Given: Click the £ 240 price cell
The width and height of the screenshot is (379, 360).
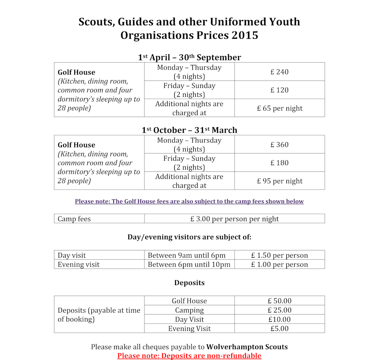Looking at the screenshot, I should (x=279, y=72).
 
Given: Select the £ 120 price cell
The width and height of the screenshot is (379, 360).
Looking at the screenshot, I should (x=279, y=90).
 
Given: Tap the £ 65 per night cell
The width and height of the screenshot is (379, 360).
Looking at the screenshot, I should (x=279, y=108).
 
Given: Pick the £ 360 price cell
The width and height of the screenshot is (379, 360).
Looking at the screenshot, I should (x=279, y=145).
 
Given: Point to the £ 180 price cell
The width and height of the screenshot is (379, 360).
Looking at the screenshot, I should (x=279, y=163).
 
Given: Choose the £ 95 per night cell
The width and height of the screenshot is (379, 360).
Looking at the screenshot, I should (x=279, y=181).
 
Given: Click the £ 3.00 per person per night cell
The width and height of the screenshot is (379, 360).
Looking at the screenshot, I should (x=234, y=219).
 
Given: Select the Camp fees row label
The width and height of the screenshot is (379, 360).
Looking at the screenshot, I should (x=74, y=219).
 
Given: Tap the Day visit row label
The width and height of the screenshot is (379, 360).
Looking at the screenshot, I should (x=72, y=256).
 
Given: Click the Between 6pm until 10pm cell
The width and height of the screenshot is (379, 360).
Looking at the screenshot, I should (x=189, y=264).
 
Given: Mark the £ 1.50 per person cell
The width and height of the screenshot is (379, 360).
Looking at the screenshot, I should (x=279, y=256).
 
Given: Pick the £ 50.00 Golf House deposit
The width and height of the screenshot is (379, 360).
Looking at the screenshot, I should (x=279, y=301).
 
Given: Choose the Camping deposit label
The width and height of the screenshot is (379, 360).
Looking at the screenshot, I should (x=189, y=310).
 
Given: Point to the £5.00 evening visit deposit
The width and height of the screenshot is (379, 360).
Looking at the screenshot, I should (x=279, y=328).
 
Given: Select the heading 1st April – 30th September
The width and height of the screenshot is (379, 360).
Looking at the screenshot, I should (x=189, y=57).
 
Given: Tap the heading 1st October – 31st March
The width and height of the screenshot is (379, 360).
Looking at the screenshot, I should (x=189, y=130).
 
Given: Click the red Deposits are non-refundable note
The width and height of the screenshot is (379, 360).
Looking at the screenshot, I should (x=189, y=356).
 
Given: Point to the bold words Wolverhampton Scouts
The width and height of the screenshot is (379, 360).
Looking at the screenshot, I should (x=247, y=347).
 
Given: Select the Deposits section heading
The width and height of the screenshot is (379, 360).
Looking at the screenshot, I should (x=189, y=283).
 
